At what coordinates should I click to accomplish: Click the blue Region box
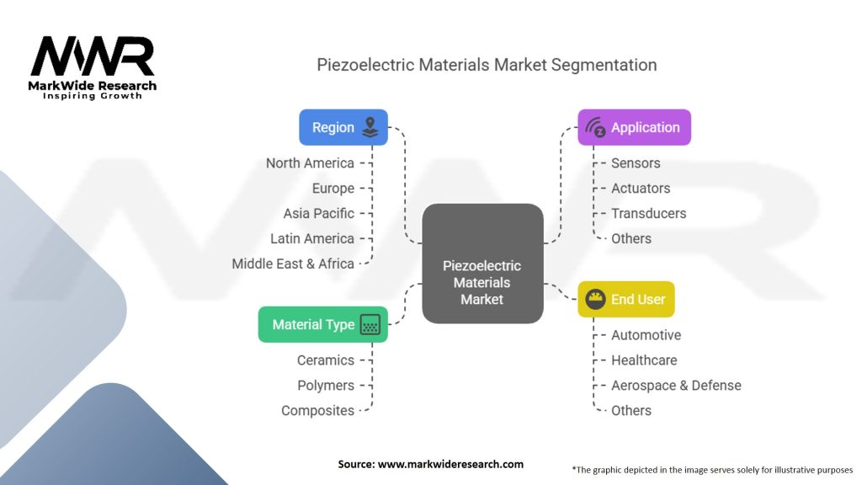pyautogui.click(x=343, y=128)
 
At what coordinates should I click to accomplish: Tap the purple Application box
pyautogui.click(x=635, y=128)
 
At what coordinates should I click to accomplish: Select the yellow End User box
pyautogui.click(x=626, y=299)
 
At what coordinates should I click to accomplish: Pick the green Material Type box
pyautogui.click(x=323, y=324)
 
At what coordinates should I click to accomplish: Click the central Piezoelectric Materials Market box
pyautogui.click(x=482, y=264)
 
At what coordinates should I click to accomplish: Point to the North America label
pyautogui.click(x=310, y=163)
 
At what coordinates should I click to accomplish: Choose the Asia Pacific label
pyautogui.click(x=319, y=213)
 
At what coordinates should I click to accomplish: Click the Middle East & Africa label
pyautogui.click(x=293, y=264)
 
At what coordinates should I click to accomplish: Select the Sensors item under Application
pyautogui.click(x=636, y=163)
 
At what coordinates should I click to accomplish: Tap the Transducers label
pyautogui.click(x=649, y=213)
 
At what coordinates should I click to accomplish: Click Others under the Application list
pyautogui.click(x=631, y=238)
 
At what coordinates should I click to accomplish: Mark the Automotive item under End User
pyautogui.click(x=646, y=335)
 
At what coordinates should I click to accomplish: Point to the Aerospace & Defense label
pyautogui.click(x=676, y=386)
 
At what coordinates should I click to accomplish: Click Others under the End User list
pyautogui.click(x=631, y=411)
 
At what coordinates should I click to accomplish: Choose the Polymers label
pyautogui.click(x=326, y=386)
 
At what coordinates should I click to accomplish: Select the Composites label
pyautogui.click(x=317, y=411)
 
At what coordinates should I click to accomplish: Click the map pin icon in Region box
pyautogui.click(x=370, y=128)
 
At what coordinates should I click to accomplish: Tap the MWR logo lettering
pyautogui.click(x=93, y=56)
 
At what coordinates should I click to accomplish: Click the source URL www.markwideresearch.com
pyautogui.click(x=451, y=464)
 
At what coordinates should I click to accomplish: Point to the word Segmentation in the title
pyautogui.click(x=604, y=65)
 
